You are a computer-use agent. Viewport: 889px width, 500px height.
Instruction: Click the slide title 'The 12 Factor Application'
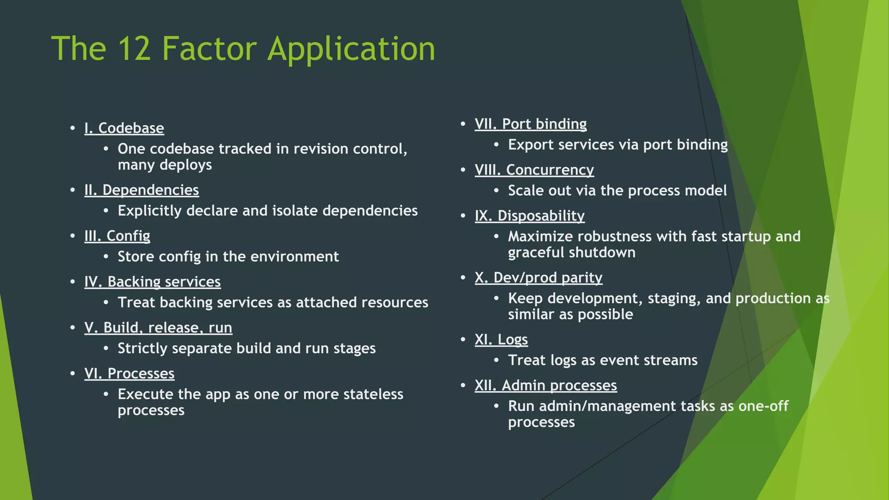[x=243, y=49]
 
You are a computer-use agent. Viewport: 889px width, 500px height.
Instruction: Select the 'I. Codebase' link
[x=124, y=128]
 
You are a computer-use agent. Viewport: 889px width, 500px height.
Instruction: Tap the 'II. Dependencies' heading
[x=142, y=190]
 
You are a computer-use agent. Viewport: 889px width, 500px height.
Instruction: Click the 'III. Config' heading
[x=117, y=236]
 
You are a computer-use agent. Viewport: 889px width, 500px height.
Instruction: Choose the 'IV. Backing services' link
[x=152, y=282]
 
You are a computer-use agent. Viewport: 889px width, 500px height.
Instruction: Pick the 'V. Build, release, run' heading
[x=158, y=328]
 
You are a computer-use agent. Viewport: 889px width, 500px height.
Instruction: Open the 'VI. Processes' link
[x=129, y=373]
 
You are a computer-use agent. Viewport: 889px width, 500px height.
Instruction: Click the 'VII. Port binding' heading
[x=530, y=124]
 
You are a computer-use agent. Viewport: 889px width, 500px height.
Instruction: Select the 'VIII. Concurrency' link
[x=534, y=170]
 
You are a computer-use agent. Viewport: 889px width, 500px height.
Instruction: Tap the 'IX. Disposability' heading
[x=530, y=216]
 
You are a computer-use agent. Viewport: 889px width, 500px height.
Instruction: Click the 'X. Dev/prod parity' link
[x=538, y=278]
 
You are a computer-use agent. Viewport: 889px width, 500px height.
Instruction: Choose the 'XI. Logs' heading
[x=501, y=339]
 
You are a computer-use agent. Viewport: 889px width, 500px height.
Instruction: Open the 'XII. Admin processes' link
[x=546, y=385]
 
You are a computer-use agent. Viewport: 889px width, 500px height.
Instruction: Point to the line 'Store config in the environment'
[x=228, y=257]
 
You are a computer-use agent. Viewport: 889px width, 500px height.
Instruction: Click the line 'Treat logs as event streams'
[x=603, y=360]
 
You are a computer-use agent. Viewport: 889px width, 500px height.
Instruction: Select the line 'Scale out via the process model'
[x=617, y=191]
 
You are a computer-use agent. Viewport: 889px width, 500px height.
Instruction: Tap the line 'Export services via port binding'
[x=618, y=145]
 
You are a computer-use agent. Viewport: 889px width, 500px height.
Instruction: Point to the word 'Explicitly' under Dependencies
[x=150, y=211]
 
